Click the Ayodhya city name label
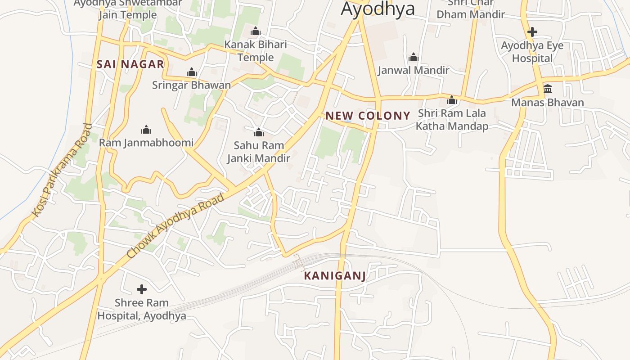[378, 9]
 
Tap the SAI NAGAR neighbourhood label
[130, 64]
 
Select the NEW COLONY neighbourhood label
[368, 116]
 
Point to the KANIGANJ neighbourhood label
[335, 276]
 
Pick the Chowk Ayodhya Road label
[175, 226]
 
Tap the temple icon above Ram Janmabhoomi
[146, 130]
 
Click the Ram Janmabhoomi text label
[146, 143]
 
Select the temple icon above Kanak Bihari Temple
[256, 31]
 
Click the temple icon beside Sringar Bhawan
[192, 72]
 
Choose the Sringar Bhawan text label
[191, 85]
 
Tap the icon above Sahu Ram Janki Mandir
[259, 132]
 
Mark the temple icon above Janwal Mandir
[413, 57]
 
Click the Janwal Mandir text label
[413, 70]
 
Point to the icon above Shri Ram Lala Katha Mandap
[452, 100]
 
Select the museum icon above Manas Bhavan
[548, 89]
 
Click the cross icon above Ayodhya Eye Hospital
[532, 32]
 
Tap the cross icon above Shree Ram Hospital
[142, 289]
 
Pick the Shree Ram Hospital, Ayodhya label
[142, 309]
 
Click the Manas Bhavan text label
[548, 103]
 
